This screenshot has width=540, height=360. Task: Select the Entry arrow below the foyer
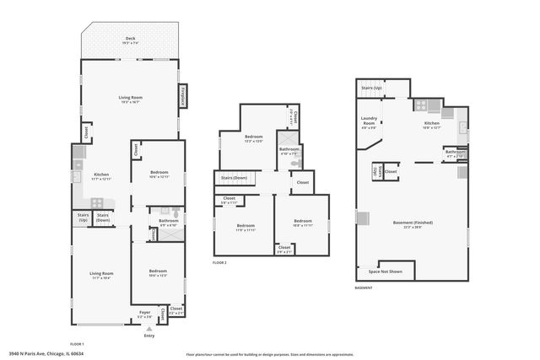(x=149, y=329)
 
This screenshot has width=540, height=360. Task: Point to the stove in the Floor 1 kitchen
(x=97, y=202)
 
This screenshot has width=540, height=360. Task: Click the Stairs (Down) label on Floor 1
(x=102, y=216)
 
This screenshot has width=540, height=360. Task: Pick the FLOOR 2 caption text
(x=219, y=263)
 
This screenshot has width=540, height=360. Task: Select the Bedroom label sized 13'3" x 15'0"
(x=254, y=137)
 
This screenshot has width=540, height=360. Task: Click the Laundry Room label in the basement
(x=369, y=121)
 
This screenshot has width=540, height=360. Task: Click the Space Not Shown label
(x=385, y=271)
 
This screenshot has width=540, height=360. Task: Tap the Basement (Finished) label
(x=413, y=223)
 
